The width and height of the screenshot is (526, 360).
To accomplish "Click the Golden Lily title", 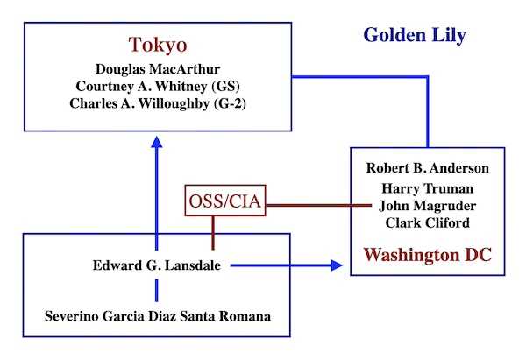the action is [415, 36].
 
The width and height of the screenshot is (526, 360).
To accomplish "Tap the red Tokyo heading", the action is [158, 45].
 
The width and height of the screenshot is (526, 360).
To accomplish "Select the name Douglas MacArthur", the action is [158, 69].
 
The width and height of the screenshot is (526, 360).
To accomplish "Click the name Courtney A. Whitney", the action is [141, 86].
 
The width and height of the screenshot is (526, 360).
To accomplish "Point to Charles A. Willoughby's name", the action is [139, 103].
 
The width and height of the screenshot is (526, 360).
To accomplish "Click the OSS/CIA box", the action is [225, 201].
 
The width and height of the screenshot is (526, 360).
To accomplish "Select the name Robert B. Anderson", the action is [428, 168].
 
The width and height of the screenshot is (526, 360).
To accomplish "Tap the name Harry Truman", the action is [428, 188].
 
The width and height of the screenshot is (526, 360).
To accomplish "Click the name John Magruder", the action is [428, 206].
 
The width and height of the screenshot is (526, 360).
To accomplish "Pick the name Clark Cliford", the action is [428, 222].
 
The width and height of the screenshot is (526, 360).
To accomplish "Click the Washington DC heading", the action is [428, 254].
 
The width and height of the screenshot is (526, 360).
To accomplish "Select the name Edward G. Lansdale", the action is [157, 265].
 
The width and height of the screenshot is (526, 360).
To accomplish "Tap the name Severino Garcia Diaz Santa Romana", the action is [158, 316].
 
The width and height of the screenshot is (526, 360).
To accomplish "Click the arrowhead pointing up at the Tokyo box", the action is [157, 142].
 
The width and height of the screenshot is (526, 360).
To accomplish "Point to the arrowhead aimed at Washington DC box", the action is [337, 265].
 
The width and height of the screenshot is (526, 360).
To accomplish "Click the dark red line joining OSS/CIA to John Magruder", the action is [319, 205].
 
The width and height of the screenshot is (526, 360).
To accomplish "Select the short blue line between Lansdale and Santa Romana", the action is [157, 291].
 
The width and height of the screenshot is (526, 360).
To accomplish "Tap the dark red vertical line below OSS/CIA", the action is [213, 233].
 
